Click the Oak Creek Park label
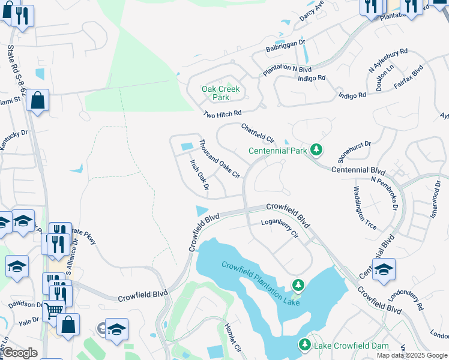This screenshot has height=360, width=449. click(x=220, y=93)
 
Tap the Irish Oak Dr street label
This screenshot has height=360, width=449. click(x=199, y=175)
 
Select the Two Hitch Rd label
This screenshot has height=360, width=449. click(x=221, y=113)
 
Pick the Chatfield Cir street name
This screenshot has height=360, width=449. click(x=258, y=133)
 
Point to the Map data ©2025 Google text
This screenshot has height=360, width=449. click(x=412, y=355)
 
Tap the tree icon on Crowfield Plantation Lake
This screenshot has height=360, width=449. click(x=297, y=285)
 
